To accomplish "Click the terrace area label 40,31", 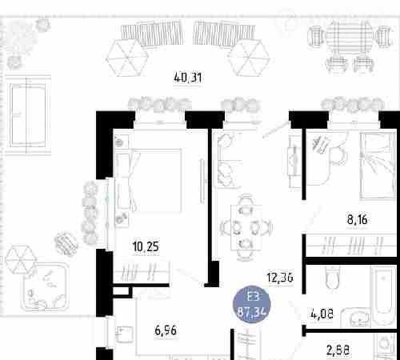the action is [x=188, y=78].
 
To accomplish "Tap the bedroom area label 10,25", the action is [x=146, y=246].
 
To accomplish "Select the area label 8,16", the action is [x=358, y=220].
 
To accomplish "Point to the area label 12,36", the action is [x=280, y=278].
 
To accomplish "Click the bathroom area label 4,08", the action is [x=322, y=314].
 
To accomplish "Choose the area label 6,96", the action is [x=166, y=330].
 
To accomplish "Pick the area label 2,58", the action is [x=338, y=350].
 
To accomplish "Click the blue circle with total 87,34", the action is [x=252, y=305].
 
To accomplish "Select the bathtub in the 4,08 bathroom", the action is [x=382, y=296].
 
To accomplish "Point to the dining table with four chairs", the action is [x=246, y=227].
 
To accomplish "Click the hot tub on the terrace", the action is [x=45, y=287].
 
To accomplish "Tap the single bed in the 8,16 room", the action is [x=378, y=166].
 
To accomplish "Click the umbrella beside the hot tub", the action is [x=21, y=259].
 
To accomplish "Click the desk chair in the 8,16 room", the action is [x=338, y=154].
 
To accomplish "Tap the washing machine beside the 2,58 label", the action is [x=386, y=346].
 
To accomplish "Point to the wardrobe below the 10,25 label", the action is [x=142, y=272].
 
